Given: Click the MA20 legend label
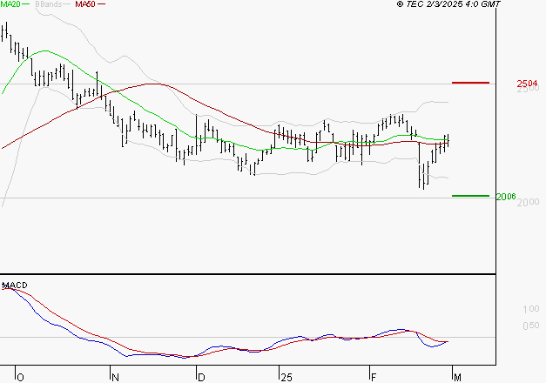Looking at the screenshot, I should pyautogui.click(x=10, y=4).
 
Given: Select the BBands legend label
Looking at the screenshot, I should pyautogui.click(x=47, y=4).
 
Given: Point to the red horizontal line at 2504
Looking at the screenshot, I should pyautogui.click(x=471, y=83).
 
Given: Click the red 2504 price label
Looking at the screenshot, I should pyautogui.click(x=528, y=84).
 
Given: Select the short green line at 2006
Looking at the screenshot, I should pyautogui.click(x=470, y=196).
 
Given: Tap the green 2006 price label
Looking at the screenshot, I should pyautogui.click(x=506, y=197).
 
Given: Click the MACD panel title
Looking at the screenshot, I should pyautogui.click(x=16, y=286).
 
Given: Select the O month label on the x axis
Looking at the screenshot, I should pyautogui.click(x=19, y=376).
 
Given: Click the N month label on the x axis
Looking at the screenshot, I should pyautogui.click(x=114, y=376).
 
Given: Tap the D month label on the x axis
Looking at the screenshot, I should pyautogui.click(x=201, y=376).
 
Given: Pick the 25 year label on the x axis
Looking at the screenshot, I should pyautogui.click(x=286, y=376).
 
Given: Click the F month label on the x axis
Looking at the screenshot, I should pyautogui.click(x=372, y=376).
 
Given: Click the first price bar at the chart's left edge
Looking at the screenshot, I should pyautogui.click(x=3, y=31).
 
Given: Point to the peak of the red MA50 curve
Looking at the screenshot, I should pyautogui.click(x=153, y=84).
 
